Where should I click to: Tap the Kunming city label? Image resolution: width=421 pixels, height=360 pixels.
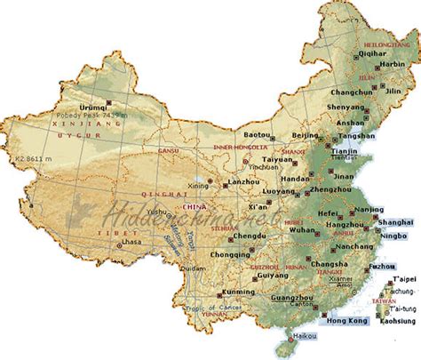pyautogui.click(x=214, y=292)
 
